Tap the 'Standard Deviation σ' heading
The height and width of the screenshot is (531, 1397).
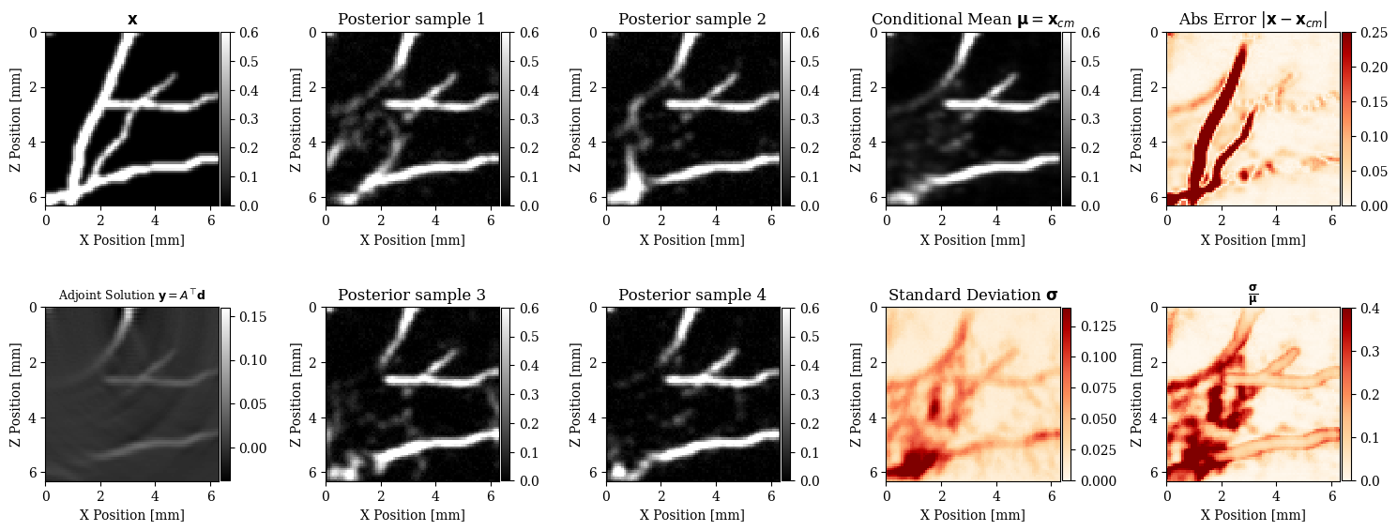(972, 296)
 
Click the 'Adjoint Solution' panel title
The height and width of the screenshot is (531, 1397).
(131, 296)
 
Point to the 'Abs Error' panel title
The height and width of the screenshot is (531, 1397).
(1253, 20)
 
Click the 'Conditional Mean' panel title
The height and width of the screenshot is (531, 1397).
(972, 20)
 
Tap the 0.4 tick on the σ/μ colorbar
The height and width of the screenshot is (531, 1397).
(1365, 309)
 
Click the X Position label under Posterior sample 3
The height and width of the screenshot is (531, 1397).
(412, 515)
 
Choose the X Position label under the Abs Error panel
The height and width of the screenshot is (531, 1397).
(1253, 240)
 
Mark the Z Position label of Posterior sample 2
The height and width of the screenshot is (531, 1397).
(577, 119)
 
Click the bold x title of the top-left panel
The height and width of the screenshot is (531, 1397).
(131, 20)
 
